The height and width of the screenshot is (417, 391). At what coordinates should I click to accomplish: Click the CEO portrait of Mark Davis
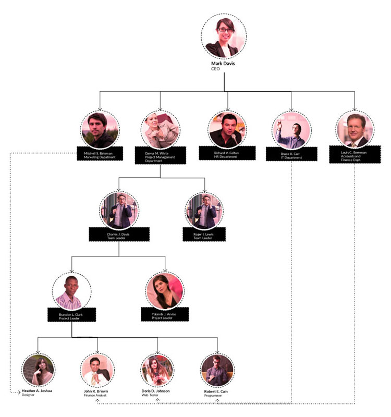[x=224, y=36]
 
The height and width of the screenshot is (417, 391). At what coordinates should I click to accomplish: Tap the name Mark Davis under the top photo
[x=223, y=64]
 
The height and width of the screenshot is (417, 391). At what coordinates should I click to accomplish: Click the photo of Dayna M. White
[x=160, y=130]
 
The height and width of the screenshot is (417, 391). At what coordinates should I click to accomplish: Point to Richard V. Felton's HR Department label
[x=227, y=154]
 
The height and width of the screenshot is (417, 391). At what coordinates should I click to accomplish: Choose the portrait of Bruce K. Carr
[x=291, y=130]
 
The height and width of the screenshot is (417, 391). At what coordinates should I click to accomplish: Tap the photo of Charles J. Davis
[x=119, y=211]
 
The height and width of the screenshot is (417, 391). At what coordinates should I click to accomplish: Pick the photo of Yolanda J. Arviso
[x=165, y=290]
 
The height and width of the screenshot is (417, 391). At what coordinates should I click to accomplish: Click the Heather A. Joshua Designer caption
[x=36, y=393]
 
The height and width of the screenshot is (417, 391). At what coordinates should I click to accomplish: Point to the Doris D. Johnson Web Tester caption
[x=156, y=393]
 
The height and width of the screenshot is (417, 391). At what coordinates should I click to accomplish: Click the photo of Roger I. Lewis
[x=204, y=211]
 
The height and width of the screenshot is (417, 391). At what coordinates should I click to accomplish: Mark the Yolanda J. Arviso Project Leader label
[x=165, y=316]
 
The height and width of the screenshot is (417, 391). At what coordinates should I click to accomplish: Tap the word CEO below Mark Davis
[x=215, y=69]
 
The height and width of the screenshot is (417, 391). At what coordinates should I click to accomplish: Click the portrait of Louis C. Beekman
[x=355, y=130]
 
